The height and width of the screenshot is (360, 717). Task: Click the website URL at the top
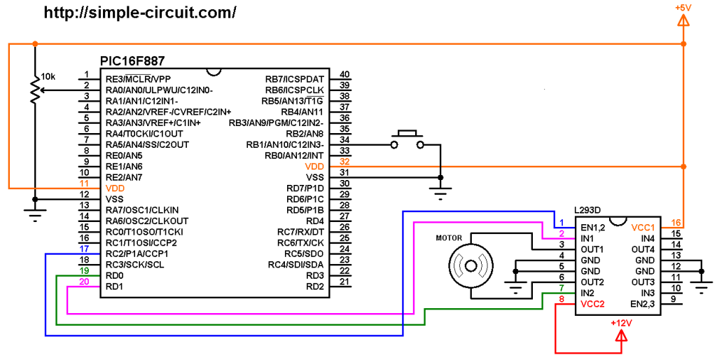[x=140, y=13]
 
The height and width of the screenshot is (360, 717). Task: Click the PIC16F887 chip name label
[x=132, y=62]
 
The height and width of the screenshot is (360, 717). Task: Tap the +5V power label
[x=683, y=8]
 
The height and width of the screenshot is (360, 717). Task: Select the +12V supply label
[x=621, y=323]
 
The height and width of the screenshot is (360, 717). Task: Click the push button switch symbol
[x=407, y=140]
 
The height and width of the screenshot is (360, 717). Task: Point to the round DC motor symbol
[x=471, y=265]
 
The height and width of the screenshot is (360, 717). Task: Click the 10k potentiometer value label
[x=48, y=77]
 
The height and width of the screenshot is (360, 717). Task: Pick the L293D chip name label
[x=587, y=210]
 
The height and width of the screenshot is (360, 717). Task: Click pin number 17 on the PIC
[x=84, y=249]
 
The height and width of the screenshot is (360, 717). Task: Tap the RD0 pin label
[x=115, y=276]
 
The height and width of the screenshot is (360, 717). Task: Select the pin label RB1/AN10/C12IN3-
[x=286, y=145]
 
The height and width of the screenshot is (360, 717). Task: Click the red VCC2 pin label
[x=592, y=304]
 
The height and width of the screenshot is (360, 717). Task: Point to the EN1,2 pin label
[x=592, y=228]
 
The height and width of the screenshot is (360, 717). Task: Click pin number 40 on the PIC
[x=344, y=74]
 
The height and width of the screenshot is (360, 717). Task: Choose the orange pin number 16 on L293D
[x=676, y=223]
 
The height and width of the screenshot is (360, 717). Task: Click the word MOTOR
[x=449, y=238]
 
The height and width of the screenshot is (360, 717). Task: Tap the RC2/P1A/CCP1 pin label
[x=137, y=254]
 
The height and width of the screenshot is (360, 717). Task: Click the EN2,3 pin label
[x=643, y=304]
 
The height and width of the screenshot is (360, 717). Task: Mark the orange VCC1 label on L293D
[x=643, y=228]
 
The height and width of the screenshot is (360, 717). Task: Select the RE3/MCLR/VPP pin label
[x=138, y=79]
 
